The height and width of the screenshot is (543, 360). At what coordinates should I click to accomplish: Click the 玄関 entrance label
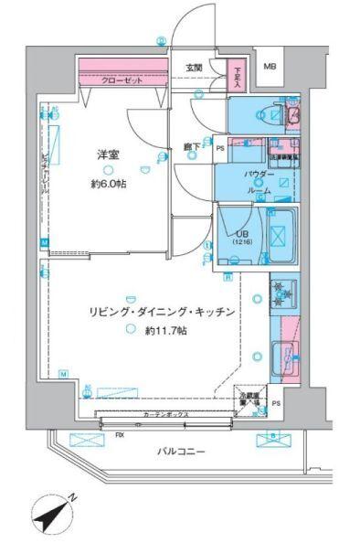click(x=194, y=67)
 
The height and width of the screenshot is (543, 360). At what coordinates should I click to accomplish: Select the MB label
click(x=270, y=67)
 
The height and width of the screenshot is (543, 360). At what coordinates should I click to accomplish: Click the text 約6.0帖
click(x=109, y=185)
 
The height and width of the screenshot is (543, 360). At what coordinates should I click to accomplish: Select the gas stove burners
click(x=281, y=293)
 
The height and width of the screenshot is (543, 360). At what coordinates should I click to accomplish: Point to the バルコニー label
click(x=179, y=452)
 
